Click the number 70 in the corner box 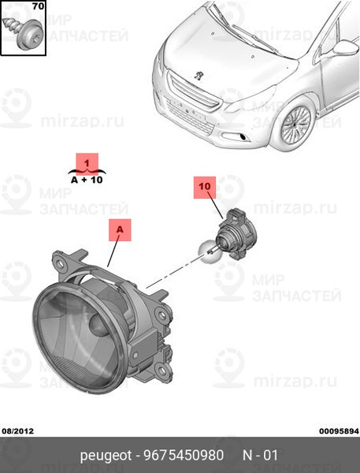[39, 6]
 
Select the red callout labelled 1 [87, 164]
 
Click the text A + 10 [87, 180]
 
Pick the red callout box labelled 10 [205, 188]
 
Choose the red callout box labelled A [120, 230]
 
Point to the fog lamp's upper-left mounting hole [61, 263]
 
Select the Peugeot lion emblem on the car [198, 76]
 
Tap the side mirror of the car [346, 47]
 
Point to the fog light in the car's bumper [243, 137]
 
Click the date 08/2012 [18, 431]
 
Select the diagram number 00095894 [340, 431]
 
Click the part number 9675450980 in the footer [184, 455]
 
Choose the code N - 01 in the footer [260, 455]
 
